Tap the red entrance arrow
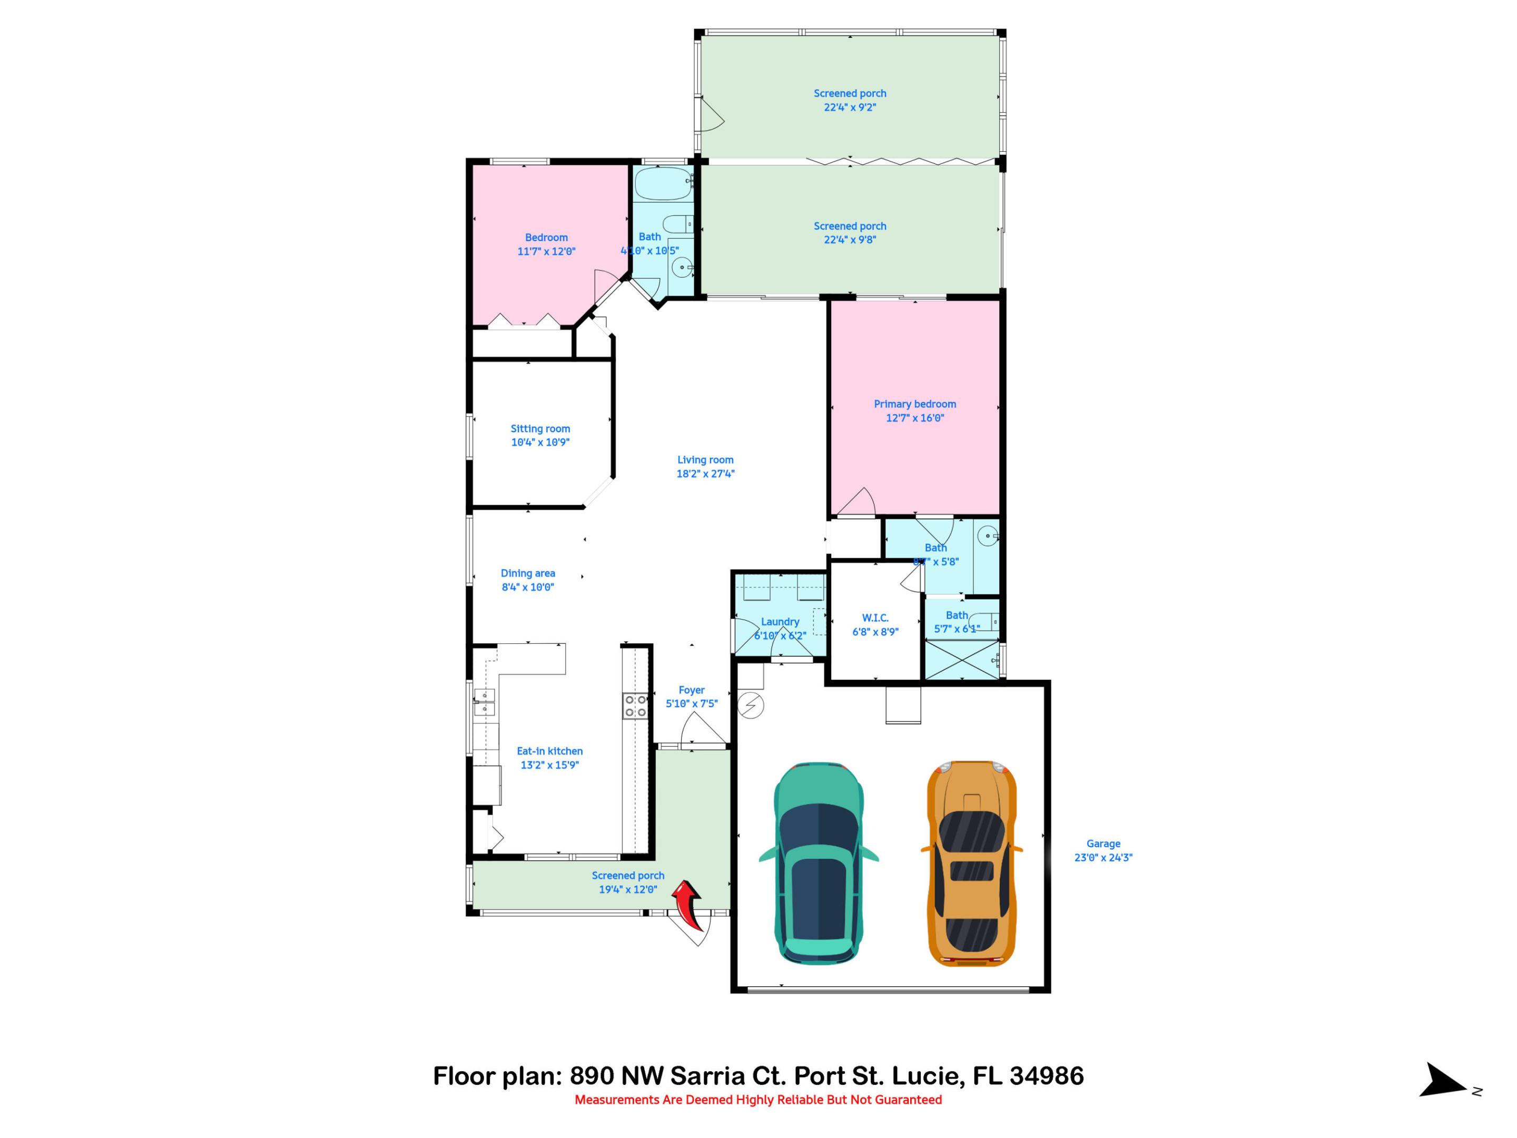coord(688,905)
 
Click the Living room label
coord(705,459)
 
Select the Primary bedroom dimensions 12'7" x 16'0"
coord(915,418)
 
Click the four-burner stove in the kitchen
coord(634,706)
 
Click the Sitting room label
coord(540,429)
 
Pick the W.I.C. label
coord(875,617)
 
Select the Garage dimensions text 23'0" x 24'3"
coord(1103,857)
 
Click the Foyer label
coord(691,690)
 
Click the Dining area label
coord(527,573)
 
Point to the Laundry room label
coord(780,622)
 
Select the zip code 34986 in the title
coord(1046,1076)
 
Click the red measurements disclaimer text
coord(758,1100)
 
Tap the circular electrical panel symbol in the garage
coord(751,705)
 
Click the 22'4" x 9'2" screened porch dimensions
coord(850,107)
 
